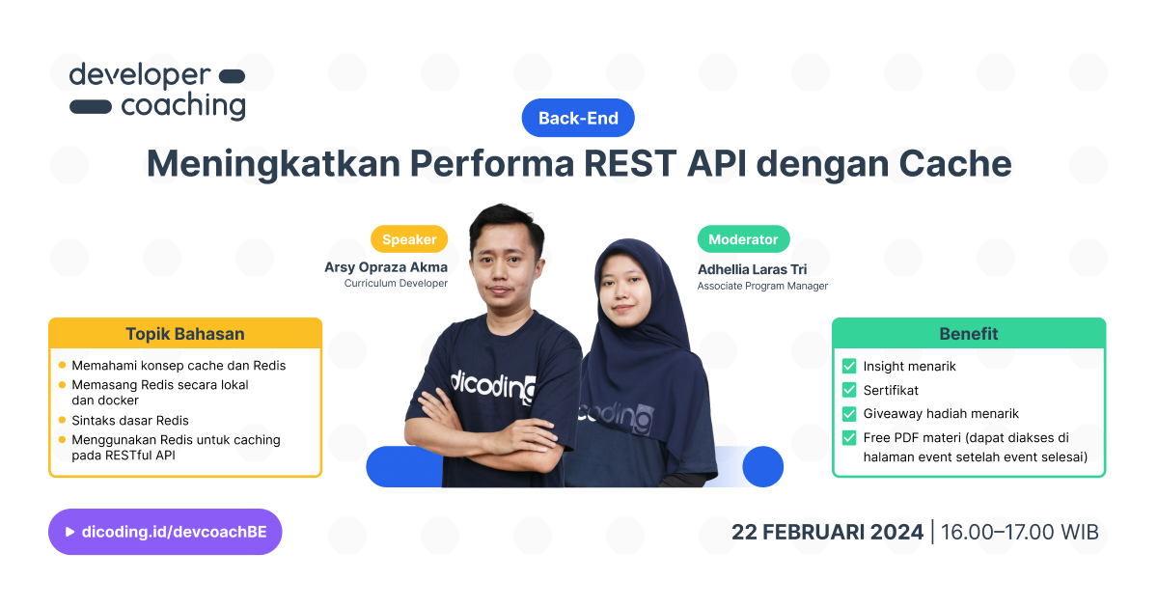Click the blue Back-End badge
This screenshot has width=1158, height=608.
tap(577, 118)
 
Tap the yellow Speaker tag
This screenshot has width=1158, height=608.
tap(409, 239)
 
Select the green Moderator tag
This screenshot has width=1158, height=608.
tap(743, 239)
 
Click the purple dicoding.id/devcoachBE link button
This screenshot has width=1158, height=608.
tap(165, 532)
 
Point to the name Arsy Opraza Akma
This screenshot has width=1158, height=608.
tap(386, 266)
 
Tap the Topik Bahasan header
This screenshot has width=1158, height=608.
tap(185, 334)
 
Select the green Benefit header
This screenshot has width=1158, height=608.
tap(969, 334)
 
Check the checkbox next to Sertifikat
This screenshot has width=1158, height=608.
tap(849, 390)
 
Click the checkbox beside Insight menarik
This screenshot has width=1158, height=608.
tap(849, 366)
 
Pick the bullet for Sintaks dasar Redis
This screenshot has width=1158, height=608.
tap(63, 421)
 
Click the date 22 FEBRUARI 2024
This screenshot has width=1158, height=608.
tap(827, 532)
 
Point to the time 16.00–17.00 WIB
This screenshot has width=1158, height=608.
tap(1019, 532)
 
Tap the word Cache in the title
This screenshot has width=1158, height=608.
tap(955, 163)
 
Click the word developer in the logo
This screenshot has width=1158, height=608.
tap(139, 76)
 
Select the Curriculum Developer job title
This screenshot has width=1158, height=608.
tap(396, 284)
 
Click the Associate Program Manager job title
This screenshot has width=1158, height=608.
tap(762, 286)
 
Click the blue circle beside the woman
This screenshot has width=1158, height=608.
tap(762, 466)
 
